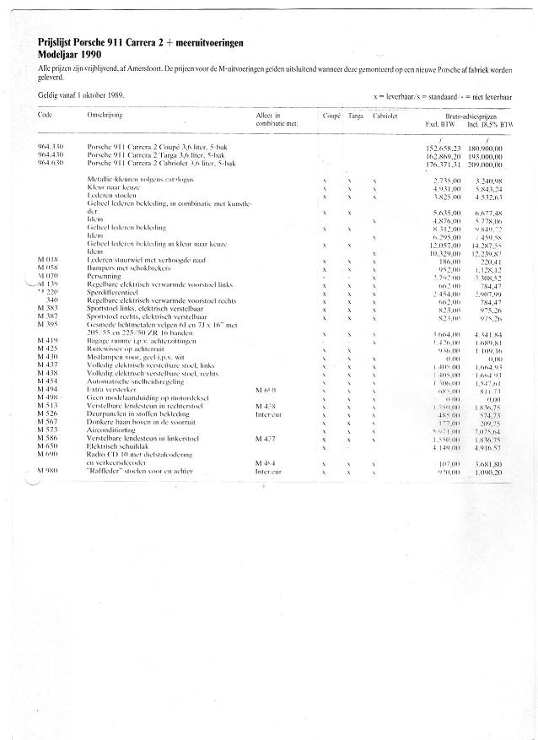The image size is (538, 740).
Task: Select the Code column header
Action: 46,114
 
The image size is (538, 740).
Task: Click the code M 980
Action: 50,470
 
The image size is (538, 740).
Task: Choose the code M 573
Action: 49,429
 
